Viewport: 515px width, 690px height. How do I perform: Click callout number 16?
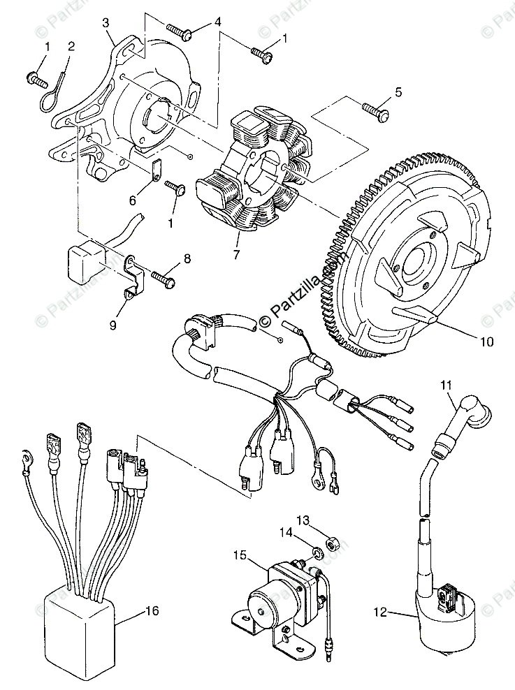tap(152, 611)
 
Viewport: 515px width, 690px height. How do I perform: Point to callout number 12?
tap(379, 612)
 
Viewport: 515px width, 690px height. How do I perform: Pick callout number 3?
tap(106, 22)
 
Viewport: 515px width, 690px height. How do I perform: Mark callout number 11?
tap(447, 383)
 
